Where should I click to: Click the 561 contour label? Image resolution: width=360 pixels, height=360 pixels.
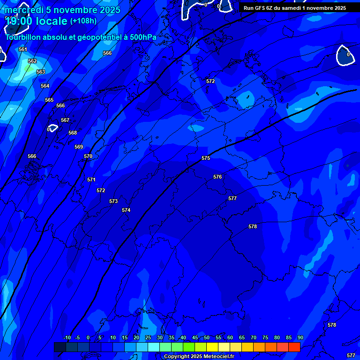pos(23,49)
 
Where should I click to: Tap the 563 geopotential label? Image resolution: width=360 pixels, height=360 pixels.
pos(41,72)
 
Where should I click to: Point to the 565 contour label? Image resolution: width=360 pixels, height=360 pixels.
pos(49,100)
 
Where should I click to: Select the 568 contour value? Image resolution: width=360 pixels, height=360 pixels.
pos(73,133)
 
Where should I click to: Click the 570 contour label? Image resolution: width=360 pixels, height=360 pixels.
pos(88,156)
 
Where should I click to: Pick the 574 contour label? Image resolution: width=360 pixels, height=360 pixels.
pos(126,210)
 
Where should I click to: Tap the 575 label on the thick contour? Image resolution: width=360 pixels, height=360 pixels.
pos(206,158)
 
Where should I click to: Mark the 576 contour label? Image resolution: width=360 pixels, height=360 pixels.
pos(217,177)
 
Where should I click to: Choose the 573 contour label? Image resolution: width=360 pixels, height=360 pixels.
pos(113,201)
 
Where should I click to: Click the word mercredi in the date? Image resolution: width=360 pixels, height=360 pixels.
pos(23,10)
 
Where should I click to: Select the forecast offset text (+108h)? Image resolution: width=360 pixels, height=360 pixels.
pos(83,21)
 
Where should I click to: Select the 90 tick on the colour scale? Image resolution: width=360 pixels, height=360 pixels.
pos(300,337)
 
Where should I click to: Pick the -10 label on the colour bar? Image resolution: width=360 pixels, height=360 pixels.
pos(66,337)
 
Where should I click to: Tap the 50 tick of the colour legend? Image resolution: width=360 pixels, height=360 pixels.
pos(207,337)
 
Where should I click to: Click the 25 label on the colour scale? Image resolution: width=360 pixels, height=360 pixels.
pos(148,337)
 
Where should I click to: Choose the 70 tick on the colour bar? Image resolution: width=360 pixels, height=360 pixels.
pos(254,337)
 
